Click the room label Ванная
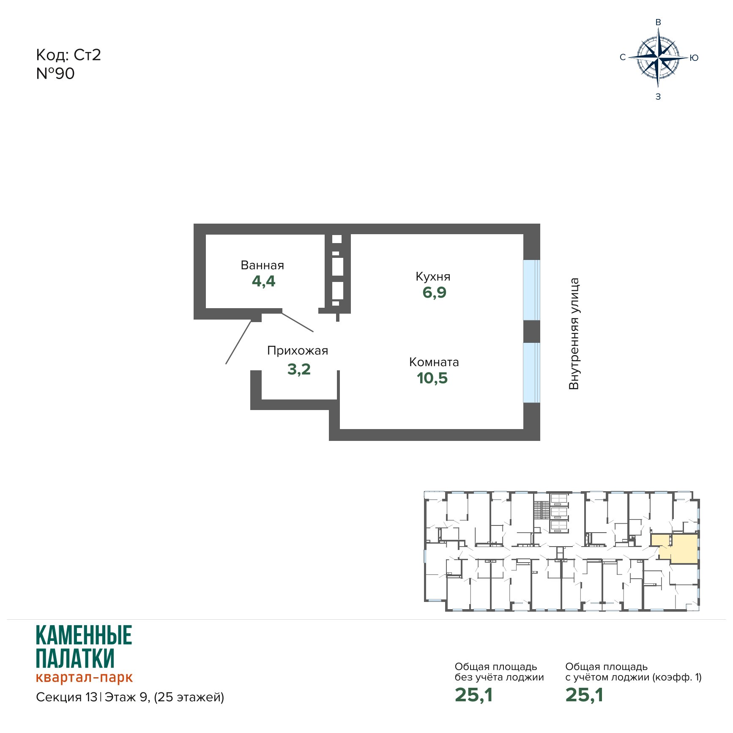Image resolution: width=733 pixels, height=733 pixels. coord(262,265)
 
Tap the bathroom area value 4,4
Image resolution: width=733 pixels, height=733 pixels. coord(263,281)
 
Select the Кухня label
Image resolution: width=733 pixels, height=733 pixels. coord(433,276)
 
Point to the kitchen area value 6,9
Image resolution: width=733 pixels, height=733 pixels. coord(434,292)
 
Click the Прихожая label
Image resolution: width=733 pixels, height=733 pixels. coord(298,351)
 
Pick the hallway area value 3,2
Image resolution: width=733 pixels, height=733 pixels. coord(299,369)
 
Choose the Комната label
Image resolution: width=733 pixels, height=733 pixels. coord(434,362)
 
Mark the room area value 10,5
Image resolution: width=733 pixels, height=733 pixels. coord(432,378)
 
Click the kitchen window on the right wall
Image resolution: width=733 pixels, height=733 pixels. coord(531,290)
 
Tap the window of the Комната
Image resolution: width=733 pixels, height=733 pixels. coord(531,372)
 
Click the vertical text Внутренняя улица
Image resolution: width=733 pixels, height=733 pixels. coord(574,334)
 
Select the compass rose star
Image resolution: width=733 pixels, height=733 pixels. coord(658,57)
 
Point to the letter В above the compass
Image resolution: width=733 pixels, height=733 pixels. coord(658,22)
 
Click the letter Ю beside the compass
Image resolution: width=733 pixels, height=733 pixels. coord(694,58)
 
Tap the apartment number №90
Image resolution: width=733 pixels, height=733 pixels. coord(55,74)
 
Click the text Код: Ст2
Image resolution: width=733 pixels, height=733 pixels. coord(68,55)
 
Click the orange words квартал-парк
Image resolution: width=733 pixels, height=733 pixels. coord(84,677)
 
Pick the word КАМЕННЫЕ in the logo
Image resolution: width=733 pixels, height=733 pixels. coord(84,635)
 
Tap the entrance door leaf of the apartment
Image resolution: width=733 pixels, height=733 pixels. coord(238,342)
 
